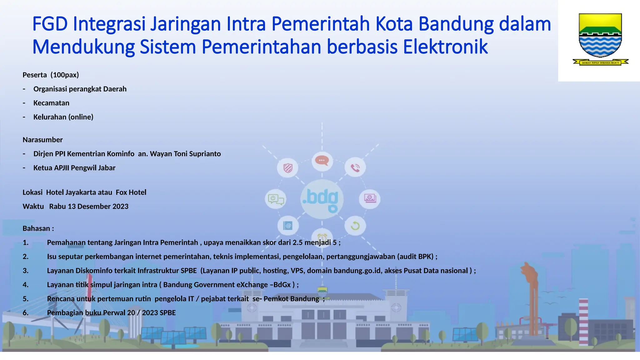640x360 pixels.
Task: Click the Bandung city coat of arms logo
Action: click(600, 39)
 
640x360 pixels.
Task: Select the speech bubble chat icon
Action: click(322, 161)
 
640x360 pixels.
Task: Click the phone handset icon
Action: click(355, 168)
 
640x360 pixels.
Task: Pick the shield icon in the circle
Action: click(287, 168)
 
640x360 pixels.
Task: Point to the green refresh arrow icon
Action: click(355, 226)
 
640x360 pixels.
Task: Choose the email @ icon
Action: click(287, 225)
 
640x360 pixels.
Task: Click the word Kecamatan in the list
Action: click(51, 103)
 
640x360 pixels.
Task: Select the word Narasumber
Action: click(42, 140)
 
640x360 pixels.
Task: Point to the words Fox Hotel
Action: click(131, 192)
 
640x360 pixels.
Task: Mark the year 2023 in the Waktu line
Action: click(120, 207)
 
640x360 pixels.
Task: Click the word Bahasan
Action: click(36, 228)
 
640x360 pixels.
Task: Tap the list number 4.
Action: click(25, 285)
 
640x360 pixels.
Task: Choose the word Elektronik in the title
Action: click(445, 47)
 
